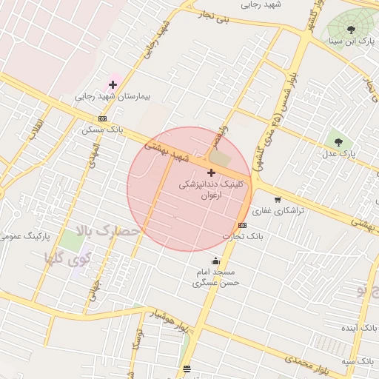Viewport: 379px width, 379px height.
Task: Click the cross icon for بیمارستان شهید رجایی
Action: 113,85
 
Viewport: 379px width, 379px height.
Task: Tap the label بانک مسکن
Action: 103,129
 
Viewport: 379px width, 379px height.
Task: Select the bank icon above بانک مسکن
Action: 102,118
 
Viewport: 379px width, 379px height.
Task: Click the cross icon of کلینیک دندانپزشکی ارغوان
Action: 211,172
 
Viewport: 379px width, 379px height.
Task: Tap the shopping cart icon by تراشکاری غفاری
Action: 278,199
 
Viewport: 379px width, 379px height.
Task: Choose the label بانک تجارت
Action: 243,236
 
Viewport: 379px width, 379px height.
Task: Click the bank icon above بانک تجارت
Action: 242,225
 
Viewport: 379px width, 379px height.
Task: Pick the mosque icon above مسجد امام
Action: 215,261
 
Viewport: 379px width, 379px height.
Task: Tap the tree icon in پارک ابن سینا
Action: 351,30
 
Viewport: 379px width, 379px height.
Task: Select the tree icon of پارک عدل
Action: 338,140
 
